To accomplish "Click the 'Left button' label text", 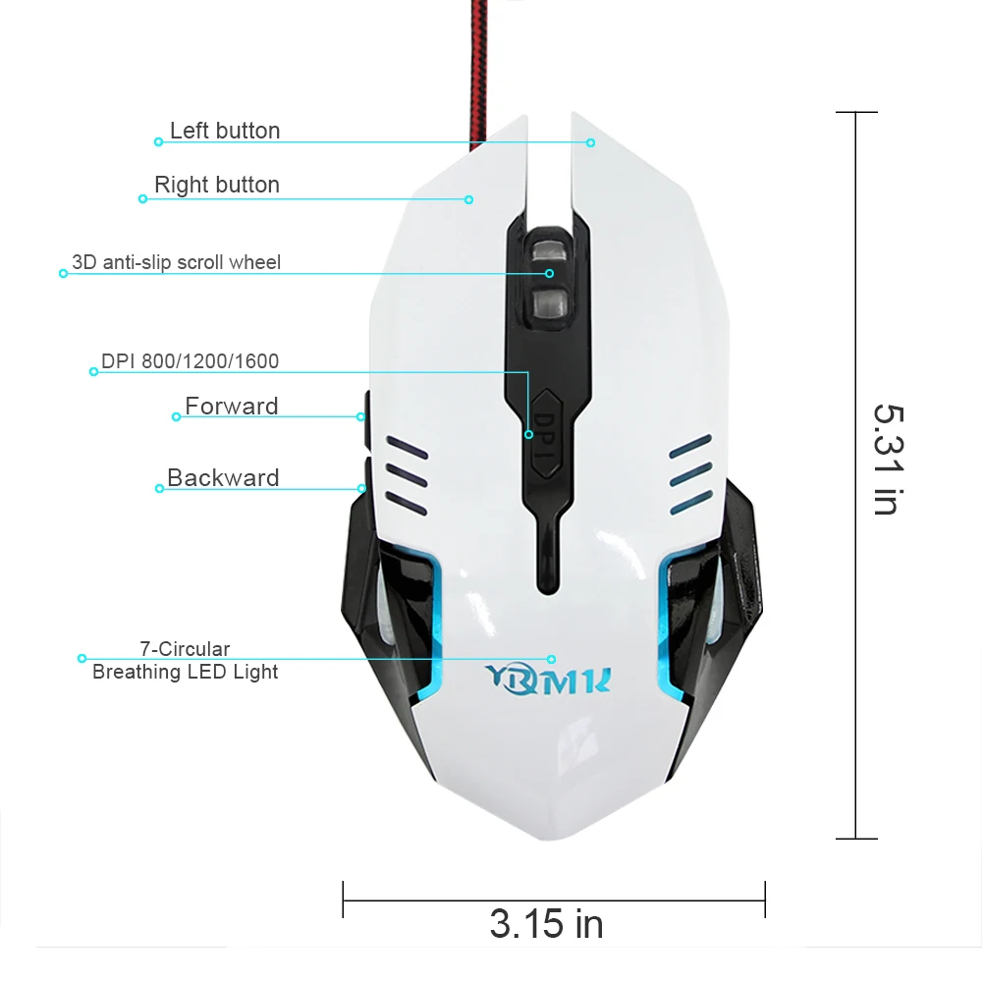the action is click(x=225, y=131).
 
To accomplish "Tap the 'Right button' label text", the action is click(x=217, y=185).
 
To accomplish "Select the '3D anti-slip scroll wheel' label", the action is click(x=176, y=262).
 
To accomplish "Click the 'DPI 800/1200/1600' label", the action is click(x=190, y=361).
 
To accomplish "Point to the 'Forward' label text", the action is click(x=231, y=406).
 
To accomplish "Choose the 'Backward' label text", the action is click(x=223, y=478).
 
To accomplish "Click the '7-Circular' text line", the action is click(x=185, y=649).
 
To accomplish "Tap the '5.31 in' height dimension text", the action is click(x=889, y=460).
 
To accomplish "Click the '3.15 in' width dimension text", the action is click(x=546, y=924).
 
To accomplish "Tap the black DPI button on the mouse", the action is click(x=546, y=435).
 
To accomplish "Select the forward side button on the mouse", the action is click(x=367, y=419).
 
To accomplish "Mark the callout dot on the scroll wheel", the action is click(x=549, y=274).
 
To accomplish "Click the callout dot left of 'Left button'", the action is click(x=158, y=142).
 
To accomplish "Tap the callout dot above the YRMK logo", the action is click(x=551, y=659).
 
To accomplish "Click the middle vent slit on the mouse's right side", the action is click(x=690, y=474).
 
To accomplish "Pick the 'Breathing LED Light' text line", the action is click(x=185, y=672).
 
